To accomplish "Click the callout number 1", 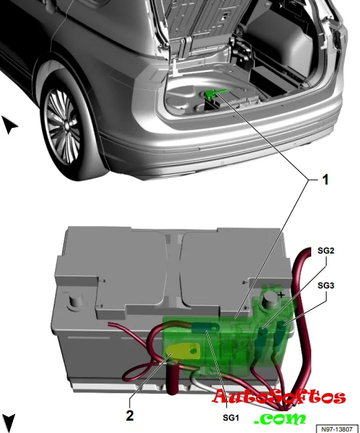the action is pyautogui.click(x=325, y=179).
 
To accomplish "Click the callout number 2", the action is pyautogui.click(x=129, y=415).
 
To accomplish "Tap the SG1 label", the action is pyautogui.click(x=231, y=418).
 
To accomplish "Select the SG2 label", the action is pyautogui.click(x=326, y=251).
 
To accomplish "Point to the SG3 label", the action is pyautogui.click(x=326, y=286).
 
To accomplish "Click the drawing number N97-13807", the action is pyautogui.click(x=337, y=429).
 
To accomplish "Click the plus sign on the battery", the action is pyautogui.click(x=281, y=295).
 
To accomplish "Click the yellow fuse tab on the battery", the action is pyautogui.click(x=182, y=352).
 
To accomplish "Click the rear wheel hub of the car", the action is pyautogui.click(x=66, y=126).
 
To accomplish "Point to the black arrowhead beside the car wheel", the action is pyautogui.click(x=9, y=124).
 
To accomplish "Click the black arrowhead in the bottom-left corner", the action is pyautogui.click(x=9, y=423).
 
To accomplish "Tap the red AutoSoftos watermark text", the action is pyautogui.click(x=279, y=397).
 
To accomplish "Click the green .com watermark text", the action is pyautogui.click(x=280, y=418).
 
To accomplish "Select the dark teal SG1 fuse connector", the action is pyautogui.click(x=205, y=328).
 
